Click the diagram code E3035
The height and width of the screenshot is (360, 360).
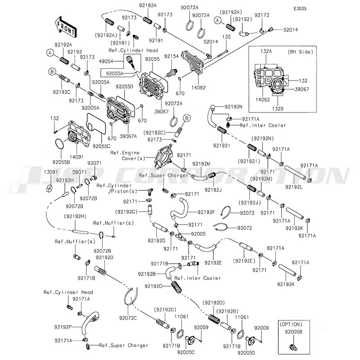tap(300, 9)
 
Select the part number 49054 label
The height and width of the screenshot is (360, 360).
tap(106, 61)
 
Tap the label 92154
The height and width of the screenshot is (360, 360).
tap(171, 56)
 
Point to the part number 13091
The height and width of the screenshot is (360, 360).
tap(51, 172)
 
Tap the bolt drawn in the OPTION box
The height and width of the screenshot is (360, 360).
tap(293, 347)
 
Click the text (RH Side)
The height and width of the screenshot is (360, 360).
tap(300, 52)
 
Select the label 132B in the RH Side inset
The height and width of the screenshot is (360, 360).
tap(278, 108)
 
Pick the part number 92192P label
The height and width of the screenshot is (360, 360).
tap(63, 327)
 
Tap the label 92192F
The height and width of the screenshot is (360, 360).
tap(206, 212)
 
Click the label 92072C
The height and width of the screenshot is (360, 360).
tap(128, 318)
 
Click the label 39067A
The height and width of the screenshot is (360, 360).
tap(128, 136)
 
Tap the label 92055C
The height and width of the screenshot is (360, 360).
tap(102, 146)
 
